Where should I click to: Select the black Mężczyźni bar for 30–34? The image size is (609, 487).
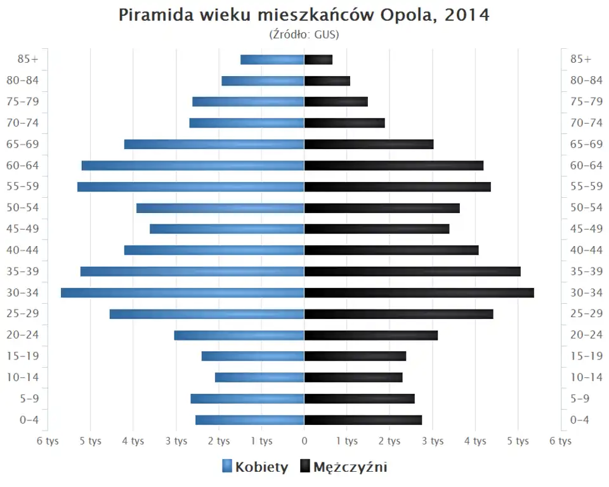(x=419, y=292)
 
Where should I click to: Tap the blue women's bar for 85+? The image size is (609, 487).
(x=272, y=60)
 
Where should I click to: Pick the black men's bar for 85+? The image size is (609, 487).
(x=318, y=60)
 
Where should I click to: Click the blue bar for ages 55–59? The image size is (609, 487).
(x=190, y=186)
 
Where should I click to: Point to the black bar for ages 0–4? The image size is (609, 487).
(x=363, y=420)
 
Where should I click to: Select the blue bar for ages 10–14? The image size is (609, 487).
(x=259, y=377)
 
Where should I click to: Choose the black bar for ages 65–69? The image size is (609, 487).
(x=369, y=144)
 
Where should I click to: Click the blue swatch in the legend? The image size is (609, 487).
(x=227, y=467)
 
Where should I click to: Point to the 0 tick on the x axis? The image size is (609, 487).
(x=304, y=441)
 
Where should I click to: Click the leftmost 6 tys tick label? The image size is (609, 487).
(x=48, y=441)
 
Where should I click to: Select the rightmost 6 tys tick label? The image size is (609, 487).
(x=561, y=441)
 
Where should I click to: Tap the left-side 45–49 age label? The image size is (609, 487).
(x=23, y=229)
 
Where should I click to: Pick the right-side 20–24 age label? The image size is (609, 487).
(x=586, y=335)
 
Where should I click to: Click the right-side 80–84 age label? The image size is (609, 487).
(x=586, y=81)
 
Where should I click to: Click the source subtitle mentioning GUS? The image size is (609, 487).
(x=304, y=34)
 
